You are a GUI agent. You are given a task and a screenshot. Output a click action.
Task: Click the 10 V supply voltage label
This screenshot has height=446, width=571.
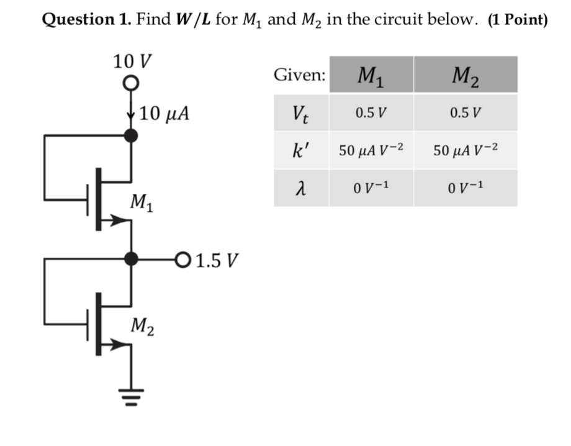[132, 61]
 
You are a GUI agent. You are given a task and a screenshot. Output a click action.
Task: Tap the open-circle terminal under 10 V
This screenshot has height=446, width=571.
[130, 83]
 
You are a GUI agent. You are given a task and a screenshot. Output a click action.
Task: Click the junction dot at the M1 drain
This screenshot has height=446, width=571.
[130, 135]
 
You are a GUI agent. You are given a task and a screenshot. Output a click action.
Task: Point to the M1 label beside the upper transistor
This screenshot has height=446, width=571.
[143, 202]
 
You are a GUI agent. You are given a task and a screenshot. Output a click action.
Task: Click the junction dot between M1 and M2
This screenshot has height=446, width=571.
[130, 258]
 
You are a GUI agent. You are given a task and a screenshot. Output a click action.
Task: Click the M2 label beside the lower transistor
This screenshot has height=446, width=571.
[143, 325]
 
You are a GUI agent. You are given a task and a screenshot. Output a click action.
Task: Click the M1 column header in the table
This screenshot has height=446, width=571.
[371, 75]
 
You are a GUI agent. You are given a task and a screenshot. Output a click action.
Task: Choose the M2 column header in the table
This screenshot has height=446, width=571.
[465, 75]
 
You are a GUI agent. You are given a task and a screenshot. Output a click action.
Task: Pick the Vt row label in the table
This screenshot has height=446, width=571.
[302, 114]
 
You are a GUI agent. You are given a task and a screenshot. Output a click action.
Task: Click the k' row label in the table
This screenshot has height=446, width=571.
[302, 150]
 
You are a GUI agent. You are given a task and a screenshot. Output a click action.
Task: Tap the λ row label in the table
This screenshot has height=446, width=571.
[301, 187]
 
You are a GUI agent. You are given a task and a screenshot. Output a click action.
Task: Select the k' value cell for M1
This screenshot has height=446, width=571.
[371, 150]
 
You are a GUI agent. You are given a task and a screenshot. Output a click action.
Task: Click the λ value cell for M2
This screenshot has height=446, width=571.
[465, 187]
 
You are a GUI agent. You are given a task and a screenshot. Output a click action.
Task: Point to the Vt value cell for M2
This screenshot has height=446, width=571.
[465, 114]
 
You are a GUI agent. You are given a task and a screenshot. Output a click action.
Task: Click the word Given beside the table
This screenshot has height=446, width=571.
[299, 75]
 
